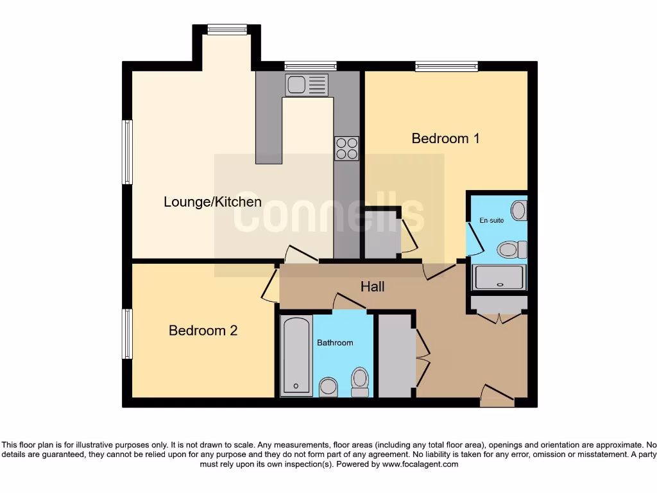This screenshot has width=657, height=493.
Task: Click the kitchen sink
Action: coord(307,85)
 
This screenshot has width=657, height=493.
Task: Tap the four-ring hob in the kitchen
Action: coord(346,148)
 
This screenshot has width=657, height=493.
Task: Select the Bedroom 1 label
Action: coord(445,138)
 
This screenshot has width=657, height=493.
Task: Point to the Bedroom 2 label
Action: coord(203,331)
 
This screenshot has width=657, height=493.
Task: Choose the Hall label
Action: coord(372,286)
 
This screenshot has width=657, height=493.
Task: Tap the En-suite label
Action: coord(491,220)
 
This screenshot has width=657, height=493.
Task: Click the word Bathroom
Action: coord(335,343)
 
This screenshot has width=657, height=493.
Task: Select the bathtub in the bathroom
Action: coord(296,355)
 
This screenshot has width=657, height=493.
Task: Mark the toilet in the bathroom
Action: coord(360,381)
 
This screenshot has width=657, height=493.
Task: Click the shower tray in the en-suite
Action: coord(499,277)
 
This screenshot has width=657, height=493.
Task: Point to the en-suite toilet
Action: coord(512,249)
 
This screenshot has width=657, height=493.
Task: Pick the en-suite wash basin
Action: coord(519,210)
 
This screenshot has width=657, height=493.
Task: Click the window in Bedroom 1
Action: coord(447,65)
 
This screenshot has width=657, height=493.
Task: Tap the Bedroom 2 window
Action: coord(127,334)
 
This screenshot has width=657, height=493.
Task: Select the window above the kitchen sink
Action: coord(311,65)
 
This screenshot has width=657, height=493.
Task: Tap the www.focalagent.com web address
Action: coord(420,464)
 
